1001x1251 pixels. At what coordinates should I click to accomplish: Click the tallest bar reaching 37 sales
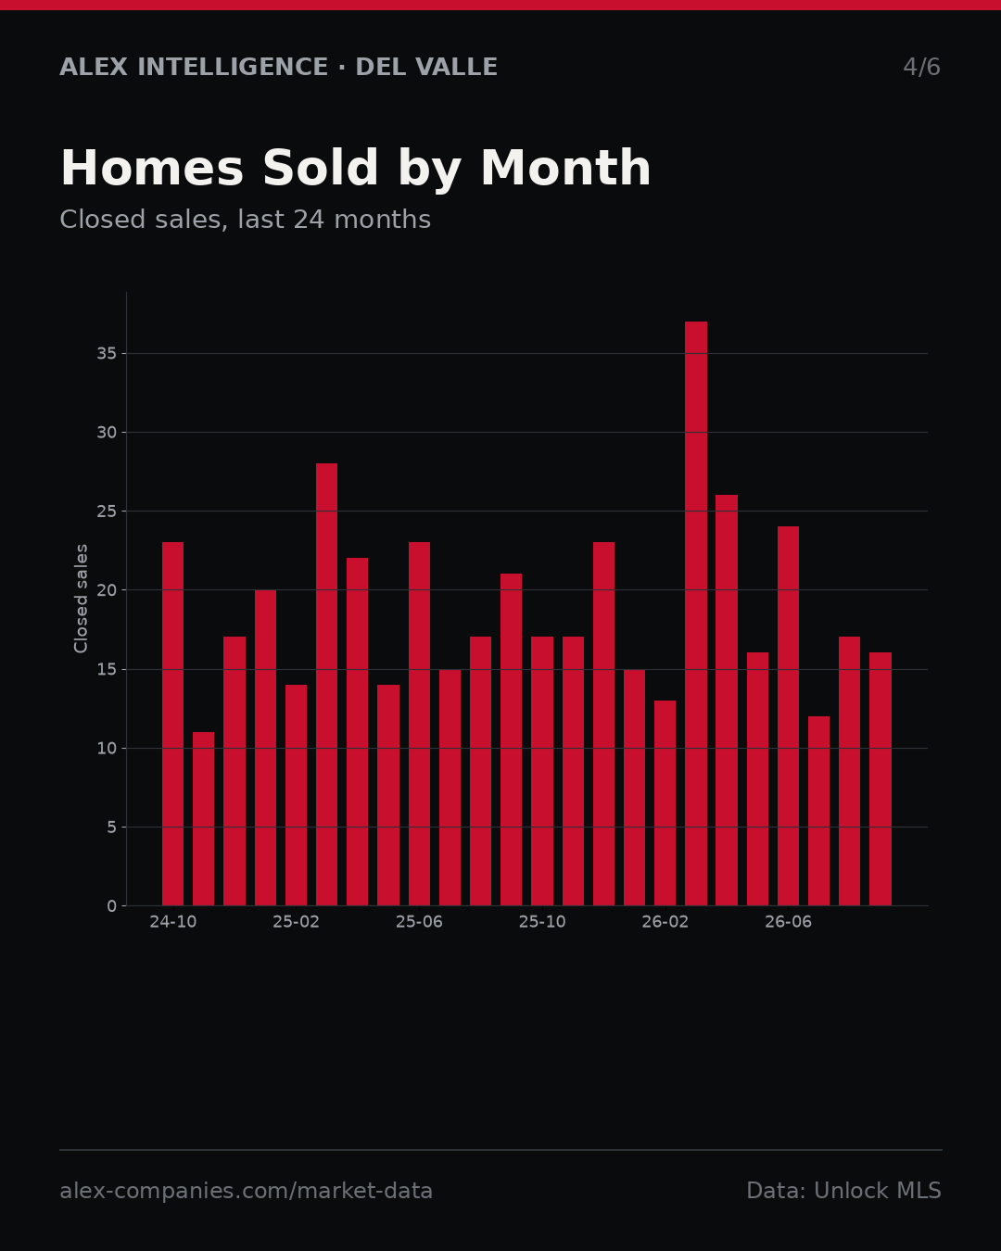tap(696, 613)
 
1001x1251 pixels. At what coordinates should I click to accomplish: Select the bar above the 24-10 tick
tap(172, 724)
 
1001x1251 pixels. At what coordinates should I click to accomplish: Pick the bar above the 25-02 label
tap(296, 795)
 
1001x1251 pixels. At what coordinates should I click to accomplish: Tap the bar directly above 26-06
tap(788, 716)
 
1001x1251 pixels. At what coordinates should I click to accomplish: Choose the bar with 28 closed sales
tap(327, 685)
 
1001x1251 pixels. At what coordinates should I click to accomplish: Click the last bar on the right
tap(881, 779)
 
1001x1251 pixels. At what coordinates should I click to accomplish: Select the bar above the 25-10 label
tap(542, 771)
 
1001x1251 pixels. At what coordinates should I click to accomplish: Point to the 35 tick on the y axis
tap(107, 353)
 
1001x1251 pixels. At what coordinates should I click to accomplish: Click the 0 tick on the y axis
tap(111, 906)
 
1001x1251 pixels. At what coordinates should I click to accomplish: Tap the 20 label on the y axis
tap(107, 590)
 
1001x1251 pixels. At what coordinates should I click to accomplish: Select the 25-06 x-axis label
tap(419, 922)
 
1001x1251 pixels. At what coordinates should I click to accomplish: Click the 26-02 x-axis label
tap(665, 922)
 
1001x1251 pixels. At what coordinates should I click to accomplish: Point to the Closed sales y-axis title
tap(81, 599)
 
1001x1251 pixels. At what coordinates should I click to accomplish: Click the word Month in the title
tap(565, 168)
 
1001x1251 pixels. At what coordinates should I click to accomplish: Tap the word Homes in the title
tap(152, 168)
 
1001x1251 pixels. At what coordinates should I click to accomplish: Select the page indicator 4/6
tap(921, 67)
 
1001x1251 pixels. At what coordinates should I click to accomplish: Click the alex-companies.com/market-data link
tap(246, 1191)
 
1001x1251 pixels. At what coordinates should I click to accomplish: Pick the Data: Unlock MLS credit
tap(843, 1191)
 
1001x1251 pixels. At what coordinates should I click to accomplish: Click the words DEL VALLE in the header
tap(426, 67)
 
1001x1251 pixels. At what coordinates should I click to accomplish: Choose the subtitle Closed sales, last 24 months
tap(245, 220)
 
